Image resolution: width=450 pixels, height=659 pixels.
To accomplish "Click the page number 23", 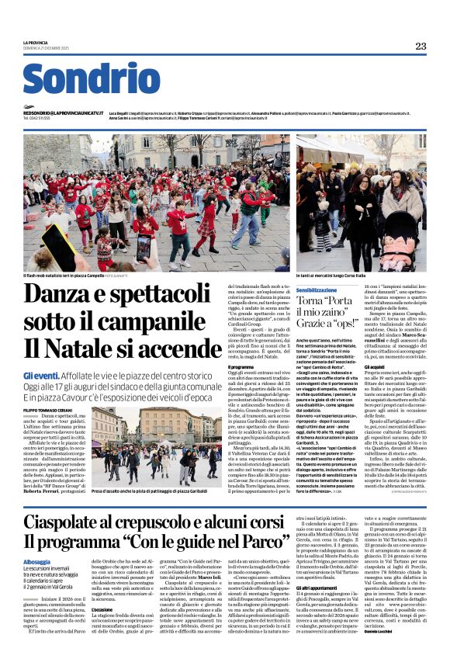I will [x=420, y=46].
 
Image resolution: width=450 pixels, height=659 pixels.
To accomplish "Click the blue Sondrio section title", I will [x=91, y=80].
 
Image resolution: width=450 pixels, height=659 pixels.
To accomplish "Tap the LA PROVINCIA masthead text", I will [x=35, y=42].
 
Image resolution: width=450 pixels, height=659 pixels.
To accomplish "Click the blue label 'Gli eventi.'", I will [x=39, y=375].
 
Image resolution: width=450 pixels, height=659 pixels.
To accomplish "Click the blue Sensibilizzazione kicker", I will [x=321, y=289].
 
